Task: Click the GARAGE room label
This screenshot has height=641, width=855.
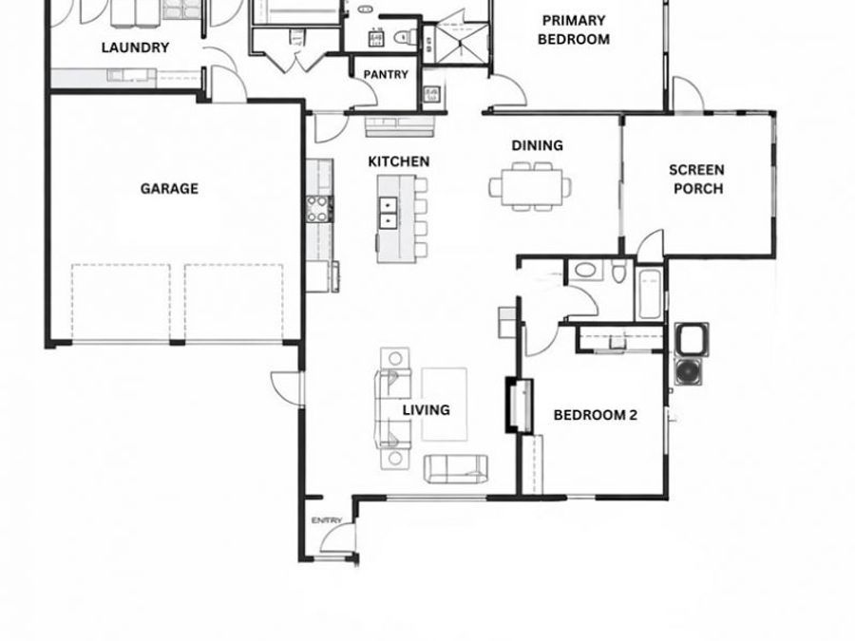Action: click(x=169, y=188)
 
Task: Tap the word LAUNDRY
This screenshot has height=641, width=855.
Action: click(x=135, y=47)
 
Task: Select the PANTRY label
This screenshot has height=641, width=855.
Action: click(x=385, y=74)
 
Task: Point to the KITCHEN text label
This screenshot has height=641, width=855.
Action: click(x=398, y=161)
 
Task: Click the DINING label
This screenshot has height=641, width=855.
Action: click(x=537, y=145)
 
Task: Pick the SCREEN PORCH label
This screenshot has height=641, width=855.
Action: click(x=697, y=179)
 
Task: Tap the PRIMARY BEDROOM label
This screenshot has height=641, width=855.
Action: click(x=573, y=29)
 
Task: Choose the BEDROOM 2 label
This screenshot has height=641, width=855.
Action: click(x=595, y=415)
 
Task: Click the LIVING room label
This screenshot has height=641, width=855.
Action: click(x=426, y=410)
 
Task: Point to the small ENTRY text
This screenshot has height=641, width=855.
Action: click(x=326, y=520)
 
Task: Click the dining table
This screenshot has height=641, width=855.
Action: click(x=530, y=185)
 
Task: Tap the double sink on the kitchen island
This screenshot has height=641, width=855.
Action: click(x=389, y=213)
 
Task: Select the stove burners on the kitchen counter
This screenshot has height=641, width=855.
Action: click(x=316, y=208)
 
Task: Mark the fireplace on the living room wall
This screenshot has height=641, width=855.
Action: click(x=518, y=405)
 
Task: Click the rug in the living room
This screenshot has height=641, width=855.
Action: click(x=444, y=404)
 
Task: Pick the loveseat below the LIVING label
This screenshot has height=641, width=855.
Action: click(x=455, y=466)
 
